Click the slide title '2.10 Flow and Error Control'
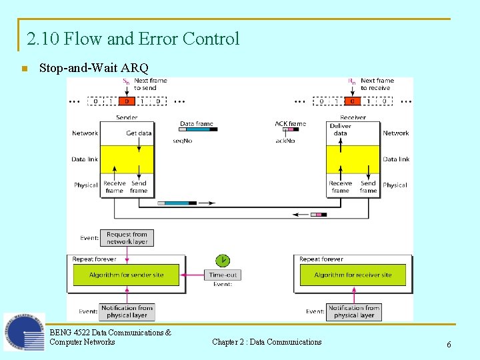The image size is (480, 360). coord(133,39)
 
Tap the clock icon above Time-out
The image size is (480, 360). coord(222,260)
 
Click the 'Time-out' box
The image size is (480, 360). coord(223,275)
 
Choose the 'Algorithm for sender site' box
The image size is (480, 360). coord(126,275)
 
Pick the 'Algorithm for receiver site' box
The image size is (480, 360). coord(353,275)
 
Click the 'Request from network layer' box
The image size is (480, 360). coord(127,238)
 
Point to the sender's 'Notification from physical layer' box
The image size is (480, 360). coord(127,311)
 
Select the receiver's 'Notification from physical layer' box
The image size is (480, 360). coord(353,311)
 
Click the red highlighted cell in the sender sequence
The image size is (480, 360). coord(126,101)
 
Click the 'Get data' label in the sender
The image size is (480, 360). coord(139,133)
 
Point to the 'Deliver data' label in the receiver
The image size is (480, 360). coord(340,129)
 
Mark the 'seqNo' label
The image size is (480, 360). coord(183,141)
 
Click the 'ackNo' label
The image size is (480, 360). coord(285,141)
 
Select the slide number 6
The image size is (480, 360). coord(449,344)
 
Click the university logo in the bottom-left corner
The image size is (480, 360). coord(24,331)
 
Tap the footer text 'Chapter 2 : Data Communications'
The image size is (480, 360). coord(267,342)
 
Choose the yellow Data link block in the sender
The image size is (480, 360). coord(127,159)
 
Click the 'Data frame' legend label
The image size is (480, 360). coord(197,123)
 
